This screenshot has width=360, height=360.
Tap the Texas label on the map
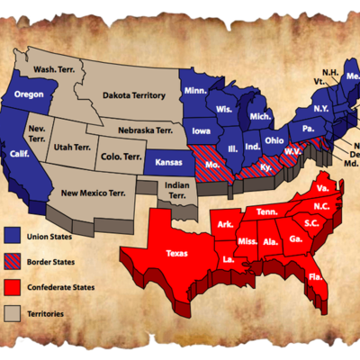(178, 253)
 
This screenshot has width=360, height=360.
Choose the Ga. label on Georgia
(294, 239)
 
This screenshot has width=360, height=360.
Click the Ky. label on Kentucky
(265, 167)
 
